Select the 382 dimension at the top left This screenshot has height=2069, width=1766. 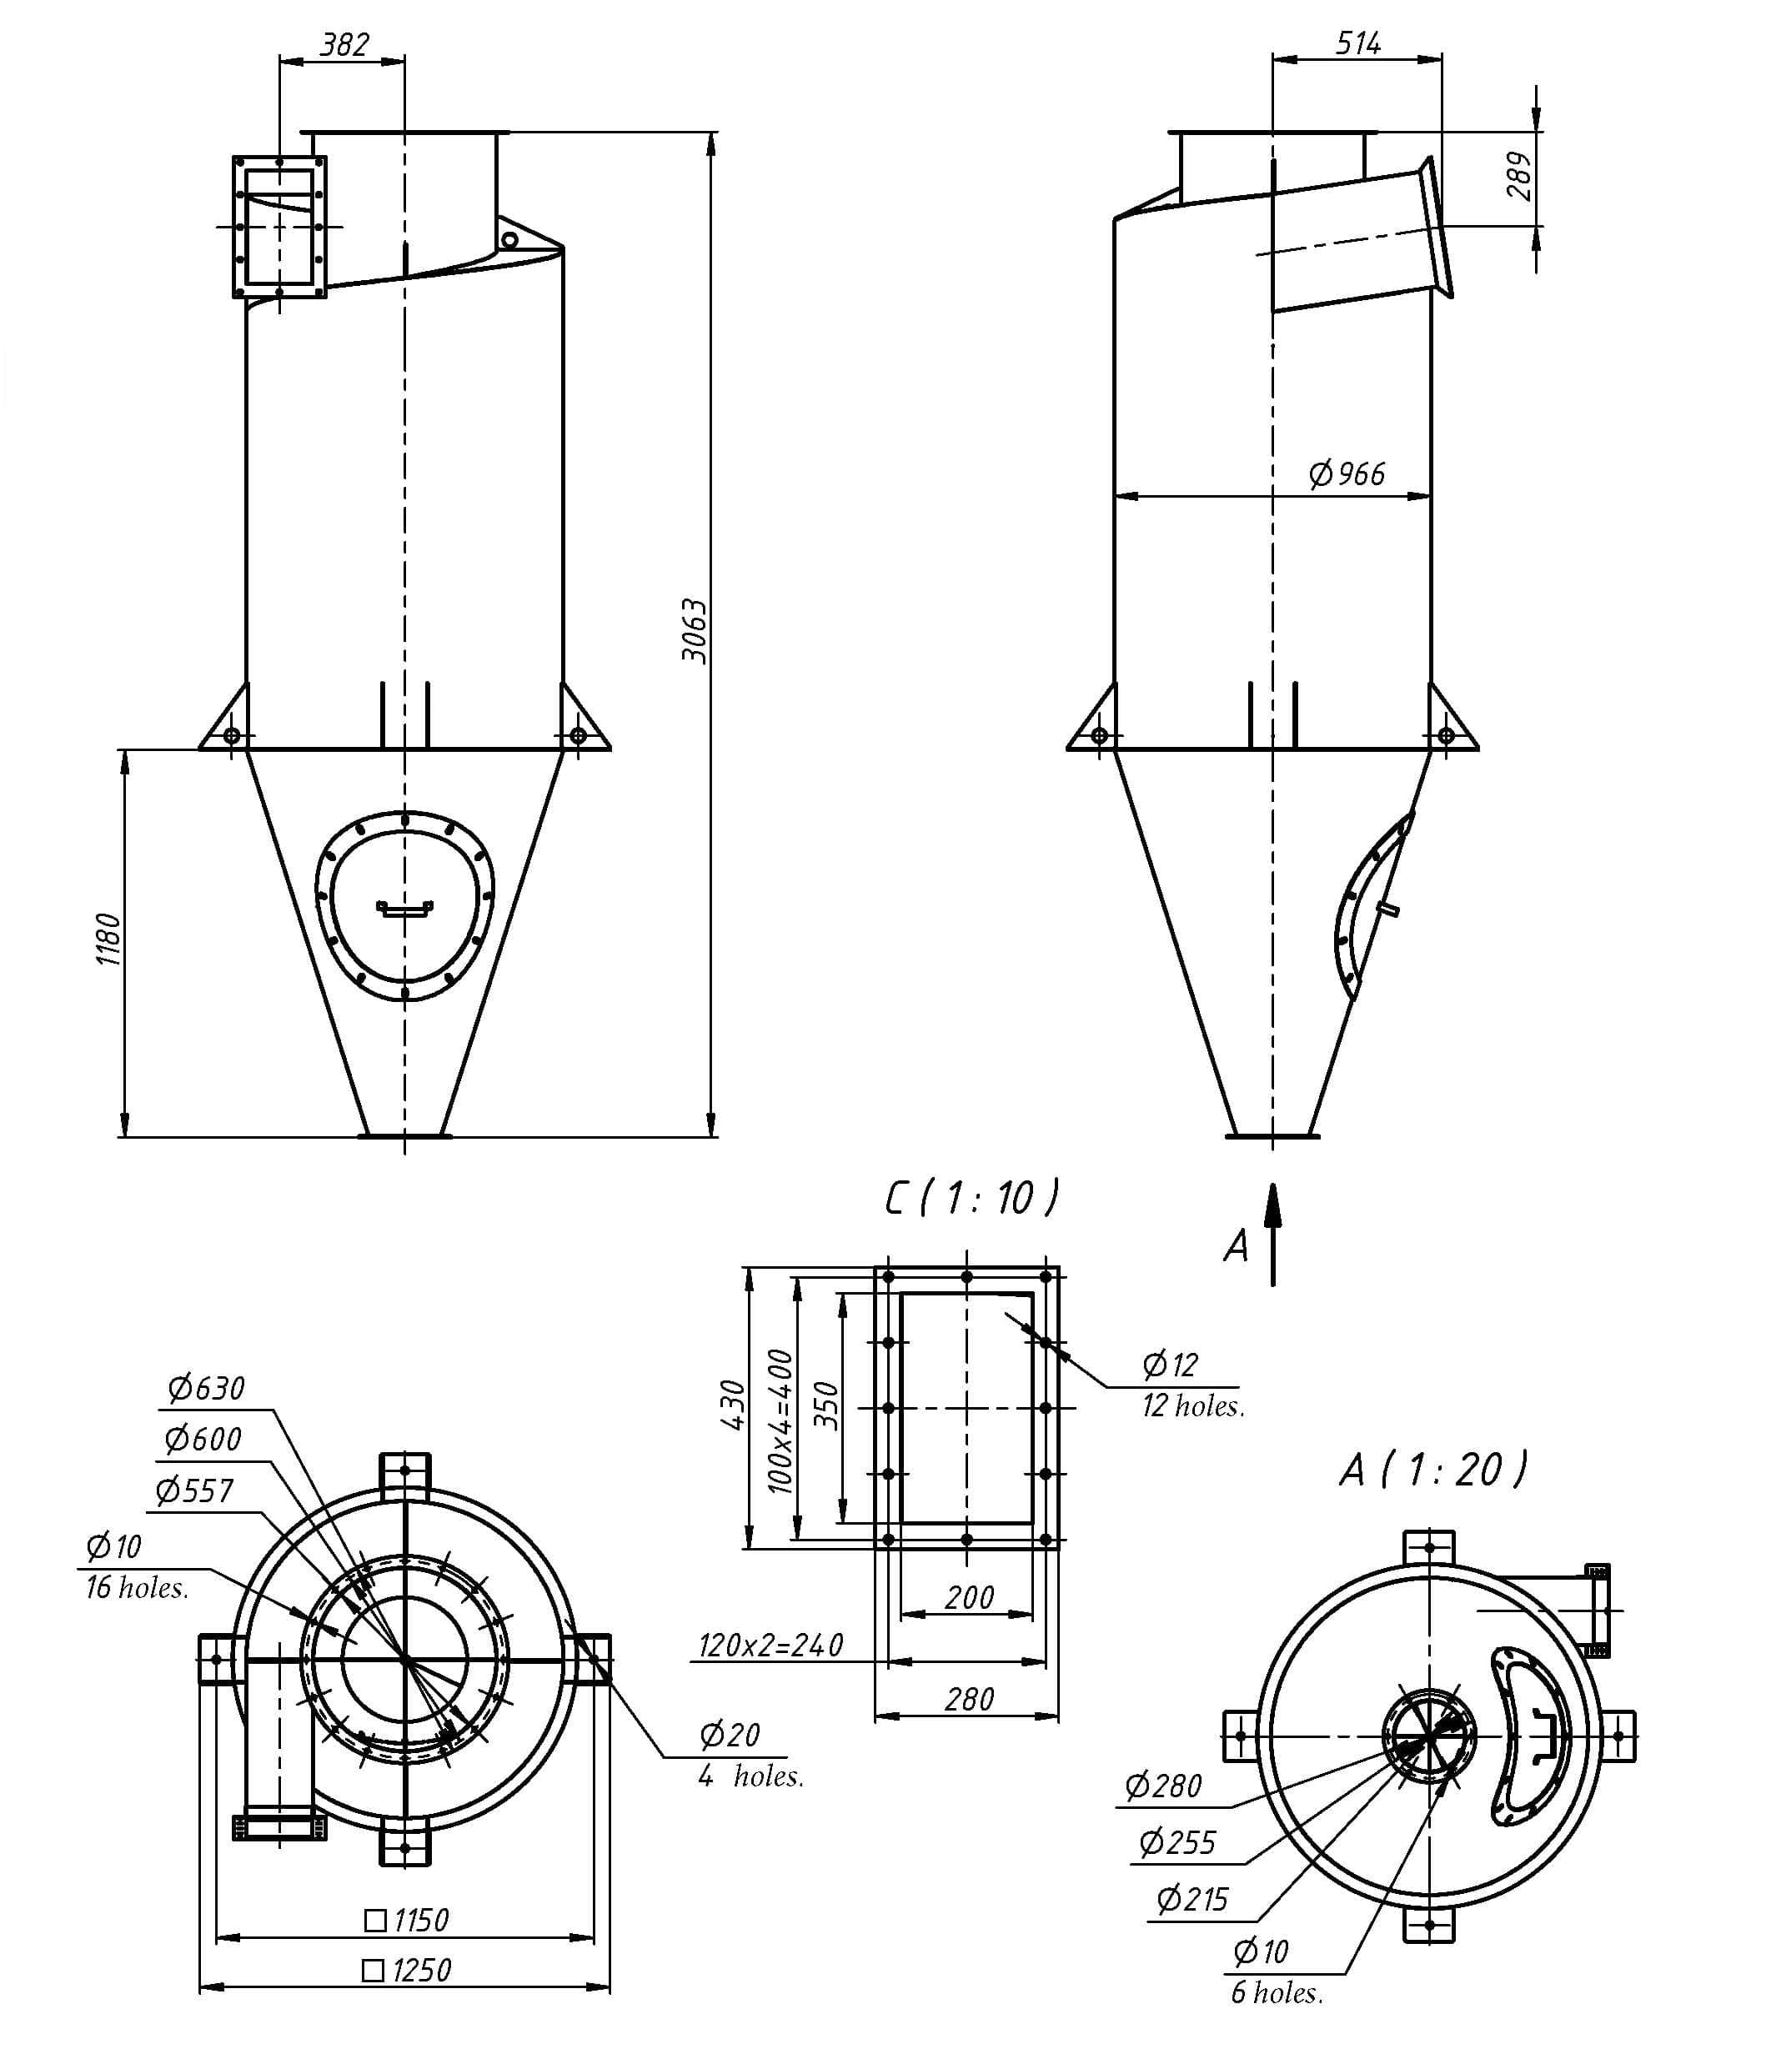click(x=344, y=45)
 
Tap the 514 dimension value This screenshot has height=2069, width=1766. click(x=1358, y=43)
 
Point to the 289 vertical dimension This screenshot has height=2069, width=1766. click(x=1518, y=176)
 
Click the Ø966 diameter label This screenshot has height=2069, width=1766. click(x=1347, y=473)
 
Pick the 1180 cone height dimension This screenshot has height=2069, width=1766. click(x=108, y=939)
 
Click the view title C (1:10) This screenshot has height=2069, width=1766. click(x=971, y=1198)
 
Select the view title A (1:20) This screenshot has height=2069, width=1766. click(x=1433, y=1470)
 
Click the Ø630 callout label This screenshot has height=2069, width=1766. click(x=207, y=1388)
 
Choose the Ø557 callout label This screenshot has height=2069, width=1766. click(x=195, y=1490)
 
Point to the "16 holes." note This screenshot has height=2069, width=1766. click(x=137, y=1588)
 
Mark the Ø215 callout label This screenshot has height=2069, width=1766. click(x=1192, y=1898)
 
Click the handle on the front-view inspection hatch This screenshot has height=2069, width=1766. click(x=404, y=908)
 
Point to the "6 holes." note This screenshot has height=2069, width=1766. click(x=1277, y=1992)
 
